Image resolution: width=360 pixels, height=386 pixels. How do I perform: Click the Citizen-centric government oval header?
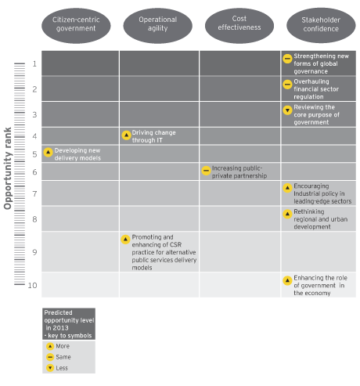pos(76,26)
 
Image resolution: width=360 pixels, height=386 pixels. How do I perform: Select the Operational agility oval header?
pos(157,26)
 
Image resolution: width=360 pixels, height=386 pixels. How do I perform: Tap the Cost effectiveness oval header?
pos(239,25)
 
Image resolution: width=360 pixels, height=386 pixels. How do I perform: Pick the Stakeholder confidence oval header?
pos(321,25)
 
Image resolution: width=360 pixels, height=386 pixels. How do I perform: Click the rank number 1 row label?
pos(34,63)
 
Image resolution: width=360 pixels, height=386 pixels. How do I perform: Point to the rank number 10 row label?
pos(33,285)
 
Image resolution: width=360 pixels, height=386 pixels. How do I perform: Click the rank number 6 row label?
pos(34,172)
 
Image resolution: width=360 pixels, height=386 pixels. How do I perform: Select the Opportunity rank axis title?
pos(8,168)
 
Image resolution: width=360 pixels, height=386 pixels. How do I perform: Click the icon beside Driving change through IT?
pos(126,135)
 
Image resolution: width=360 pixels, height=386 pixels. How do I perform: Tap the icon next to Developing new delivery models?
pos(48,152)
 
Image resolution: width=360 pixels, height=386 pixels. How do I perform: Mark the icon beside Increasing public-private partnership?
pos(206,171)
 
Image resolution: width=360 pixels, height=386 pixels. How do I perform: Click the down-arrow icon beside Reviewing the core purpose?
pos(287,110)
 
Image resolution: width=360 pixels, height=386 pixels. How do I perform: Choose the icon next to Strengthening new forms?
pos(287,59)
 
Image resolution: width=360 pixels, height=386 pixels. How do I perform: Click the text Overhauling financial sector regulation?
pos(316,89)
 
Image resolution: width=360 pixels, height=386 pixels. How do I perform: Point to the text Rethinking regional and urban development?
pos(321,219)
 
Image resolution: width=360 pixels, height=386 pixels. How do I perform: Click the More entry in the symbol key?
pos(58,346)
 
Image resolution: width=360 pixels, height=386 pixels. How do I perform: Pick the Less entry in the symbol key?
pos(57,368)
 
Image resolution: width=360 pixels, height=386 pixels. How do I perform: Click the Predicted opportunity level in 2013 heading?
pos(69,324)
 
